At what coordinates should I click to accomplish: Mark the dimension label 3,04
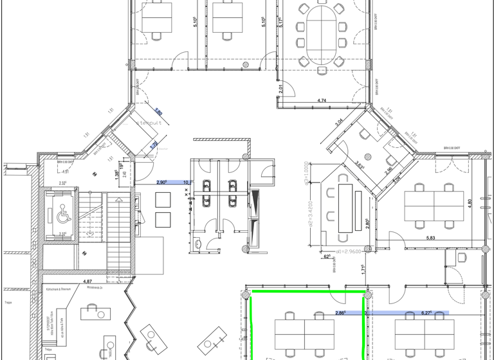(x=338, y=122)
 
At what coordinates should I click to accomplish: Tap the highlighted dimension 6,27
(x=426, y=313)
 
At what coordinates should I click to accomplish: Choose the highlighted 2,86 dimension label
(x=340, y=313)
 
